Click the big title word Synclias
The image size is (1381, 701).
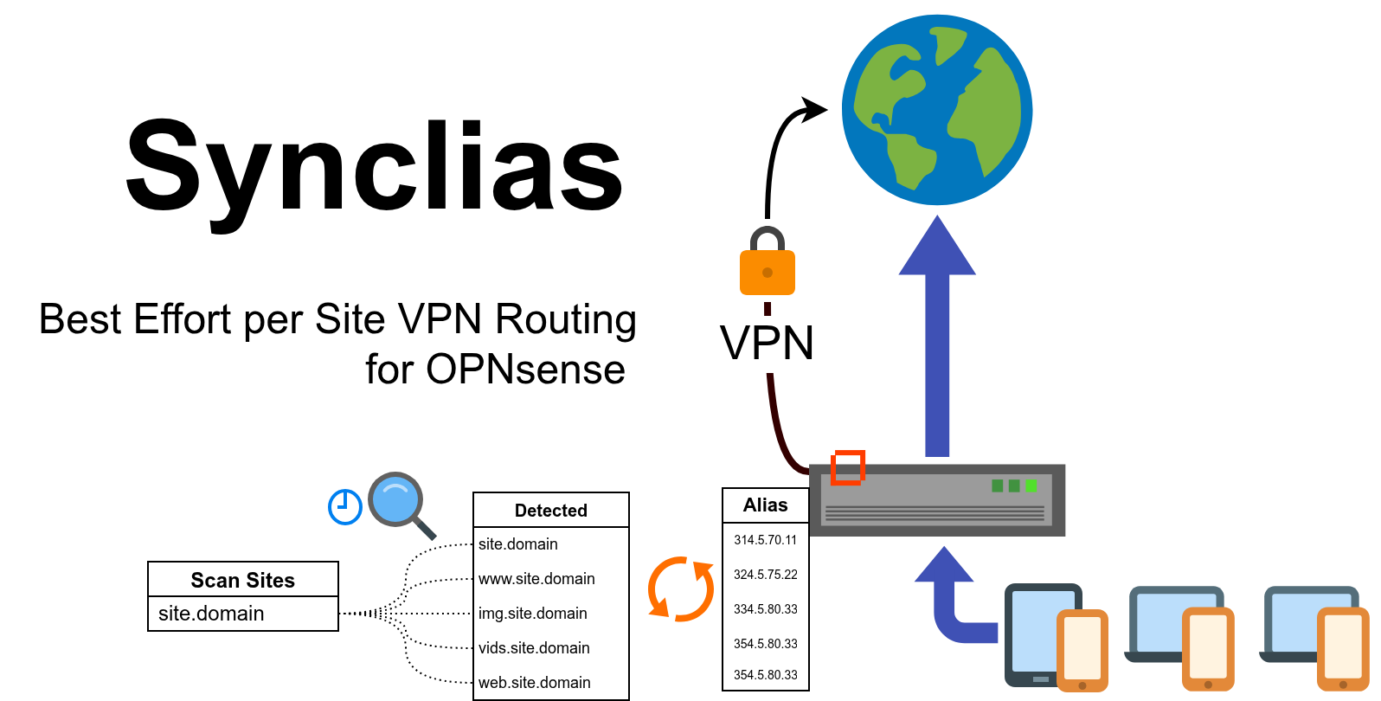coord(374,167)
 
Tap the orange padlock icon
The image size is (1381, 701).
coord(767,265)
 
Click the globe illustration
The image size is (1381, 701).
coord(937,110)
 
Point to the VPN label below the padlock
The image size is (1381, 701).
coord(767,343)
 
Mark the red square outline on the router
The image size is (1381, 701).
coord(848,467)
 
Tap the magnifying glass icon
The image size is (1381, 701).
coord(399,503)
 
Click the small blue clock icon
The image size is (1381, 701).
coord(344,506)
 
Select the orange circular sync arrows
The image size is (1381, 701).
coord(681,589)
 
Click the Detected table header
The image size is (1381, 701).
coord(550,511)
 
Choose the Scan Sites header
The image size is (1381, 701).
coord(242,580)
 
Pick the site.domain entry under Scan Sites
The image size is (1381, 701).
coord(211,614)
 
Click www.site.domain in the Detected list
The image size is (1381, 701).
coord(536,579)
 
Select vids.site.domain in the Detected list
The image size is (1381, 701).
coord(534,648)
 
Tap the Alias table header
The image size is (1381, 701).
coord(765,505)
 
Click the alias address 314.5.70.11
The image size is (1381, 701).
coord(765,540)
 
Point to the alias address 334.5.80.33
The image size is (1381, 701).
coord(765,609)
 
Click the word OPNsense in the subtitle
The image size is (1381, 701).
coord(525,370)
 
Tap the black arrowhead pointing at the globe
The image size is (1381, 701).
coord(813,109)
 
